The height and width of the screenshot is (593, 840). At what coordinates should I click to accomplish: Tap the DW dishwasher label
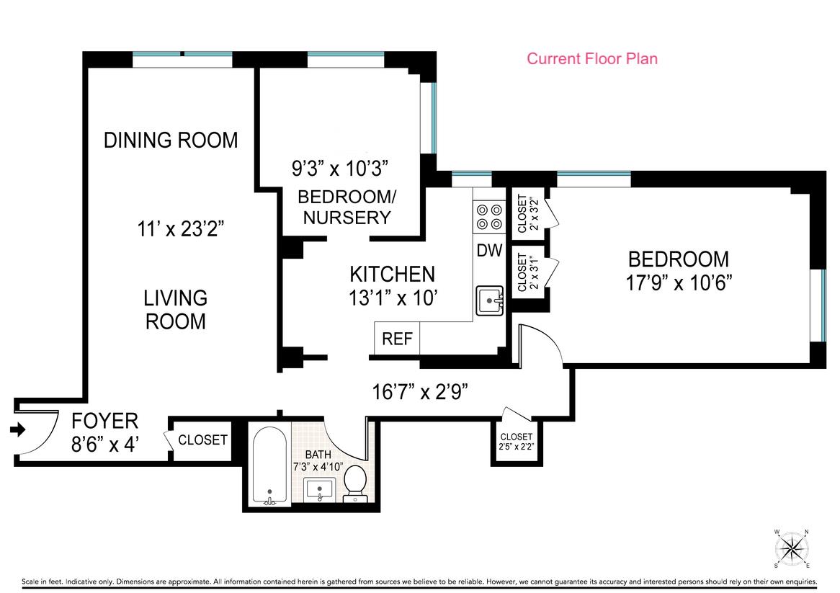(x=489, y=250)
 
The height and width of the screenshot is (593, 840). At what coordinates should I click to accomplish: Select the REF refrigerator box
(x=397, y=338)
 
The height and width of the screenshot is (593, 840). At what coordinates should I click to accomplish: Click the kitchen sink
(x=490, y=300)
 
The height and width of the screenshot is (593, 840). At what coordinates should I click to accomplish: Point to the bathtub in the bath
(x=270, y=465)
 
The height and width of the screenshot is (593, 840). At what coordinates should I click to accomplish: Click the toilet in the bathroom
(x=354, y=484)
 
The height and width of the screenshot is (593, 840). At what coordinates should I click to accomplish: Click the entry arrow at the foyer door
(x=18, y=429)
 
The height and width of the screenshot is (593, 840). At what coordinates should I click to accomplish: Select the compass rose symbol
(x=792, y=548)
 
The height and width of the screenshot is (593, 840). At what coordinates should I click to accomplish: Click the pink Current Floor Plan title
(x=592, y=58)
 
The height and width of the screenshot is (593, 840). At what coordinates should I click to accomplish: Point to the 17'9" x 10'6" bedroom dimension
(x=679, y=282)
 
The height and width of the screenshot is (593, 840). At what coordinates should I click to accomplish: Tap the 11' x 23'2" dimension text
(x=180, y=229)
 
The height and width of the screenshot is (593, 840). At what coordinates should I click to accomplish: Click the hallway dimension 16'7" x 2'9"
(x=420, y=392)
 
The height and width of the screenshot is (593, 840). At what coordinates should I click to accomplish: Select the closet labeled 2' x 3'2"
(x=527, y=213)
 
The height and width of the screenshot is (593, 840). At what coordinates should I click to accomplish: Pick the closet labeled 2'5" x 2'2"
(x=517, y=442)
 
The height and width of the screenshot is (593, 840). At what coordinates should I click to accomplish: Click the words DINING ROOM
(x=171, y=140)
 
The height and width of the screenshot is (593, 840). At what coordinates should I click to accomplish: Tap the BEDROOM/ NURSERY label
(x=347, y=207)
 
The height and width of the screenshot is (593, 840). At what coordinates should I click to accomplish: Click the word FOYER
(x=105, y=421)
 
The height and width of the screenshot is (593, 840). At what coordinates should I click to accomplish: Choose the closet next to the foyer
(x=202, y=440)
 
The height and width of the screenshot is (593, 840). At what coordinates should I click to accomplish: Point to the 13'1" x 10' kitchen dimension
(x=393, y=298)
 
